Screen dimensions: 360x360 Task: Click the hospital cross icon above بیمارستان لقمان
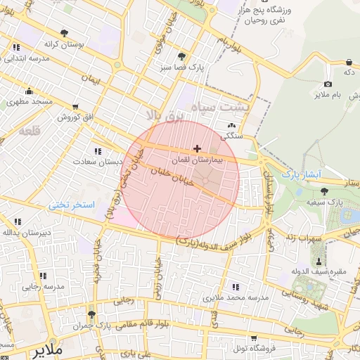click(197, 148)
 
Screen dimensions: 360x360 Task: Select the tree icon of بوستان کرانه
click(65, 33)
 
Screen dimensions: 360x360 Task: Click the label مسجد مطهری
click(30, 102)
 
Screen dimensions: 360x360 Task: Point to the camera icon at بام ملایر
click(328, 84)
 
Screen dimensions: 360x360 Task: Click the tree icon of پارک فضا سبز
click(182, 56)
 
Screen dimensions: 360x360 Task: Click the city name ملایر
click(49, 348)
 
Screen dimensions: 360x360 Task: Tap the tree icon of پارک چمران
click(91, 315)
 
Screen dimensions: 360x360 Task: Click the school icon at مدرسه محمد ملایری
click(235, 286)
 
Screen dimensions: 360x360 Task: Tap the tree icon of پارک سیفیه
click(324, 191)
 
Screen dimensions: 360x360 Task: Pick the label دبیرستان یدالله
click(26, 231)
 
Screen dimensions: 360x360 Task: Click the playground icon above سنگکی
click(231, 126)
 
